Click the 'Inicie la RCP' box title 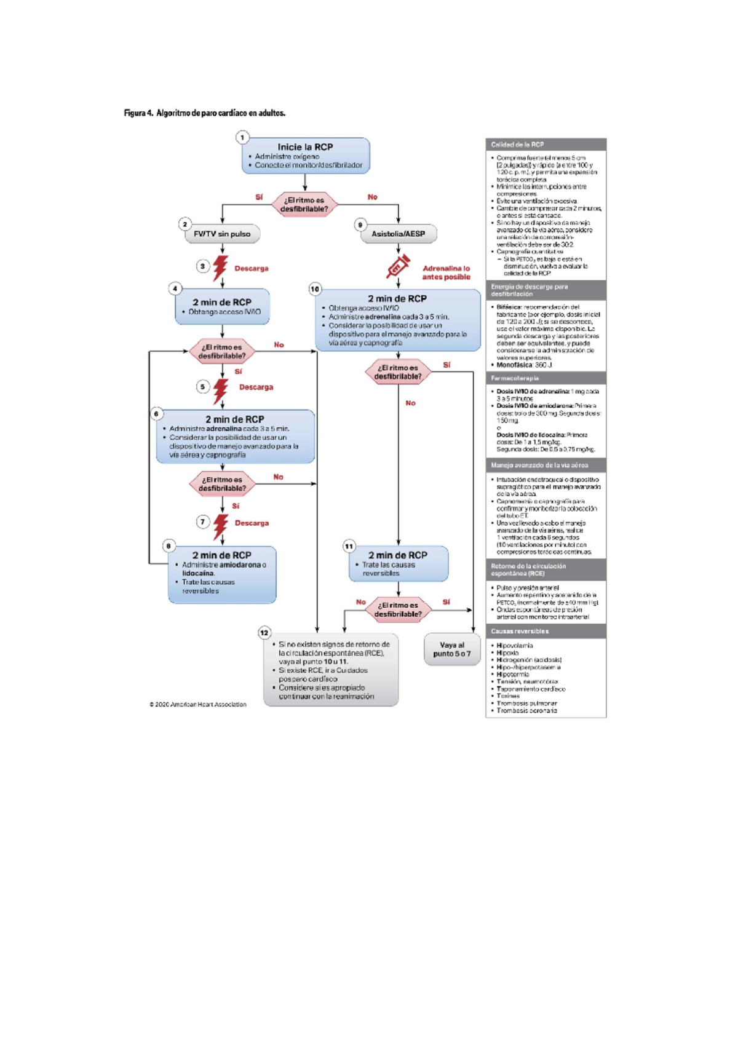click(x=305, y=147)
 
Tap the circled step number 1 click(x=242, y=137)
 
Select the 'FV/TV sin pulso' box click(x=222, y=234)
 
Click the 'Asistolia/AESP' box click(x=398, y=234)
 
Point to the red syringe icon click(x=398, y=268)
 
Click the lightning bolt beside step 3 click(x=220, y=268)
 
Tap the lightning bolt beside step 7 click(x=220, y=526)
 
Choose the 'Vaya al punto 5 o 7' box click(x=451, y=649)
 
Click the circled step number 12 click(x=264, y=632)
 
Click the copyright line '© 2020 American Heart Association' click(x=197, y=704)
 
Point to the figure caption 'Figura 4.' click(x=138, y=113)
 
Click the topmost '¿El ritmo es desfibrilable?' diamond click(x=304, y=204)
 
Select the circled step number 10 click(x=315, y=288)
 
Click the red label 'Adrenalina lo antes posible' click(x=446, y=272)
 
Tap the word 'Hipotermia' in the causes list click(x=512, y=674)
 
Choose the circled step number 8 click(x=169, y=545)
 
